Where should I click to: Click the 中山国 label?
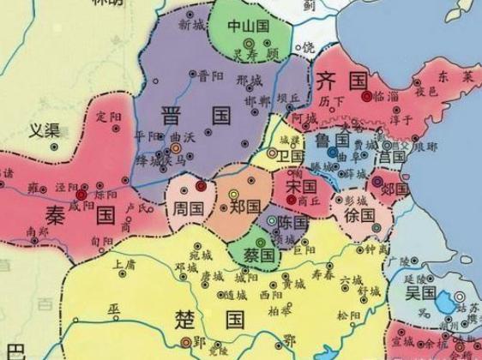point(248,27)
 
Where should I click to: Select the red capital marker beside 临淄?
point(367,97)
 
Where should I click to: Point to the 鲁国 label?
point(331,140)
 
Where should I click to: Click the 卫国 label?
point(291,157)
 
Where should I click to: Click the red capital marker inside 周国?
point(201,186)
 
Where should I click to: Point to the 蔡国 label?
point(256,255)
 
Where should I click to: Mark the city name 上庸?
point(124,264)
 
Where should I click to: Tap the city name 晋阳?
point(208,75)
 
